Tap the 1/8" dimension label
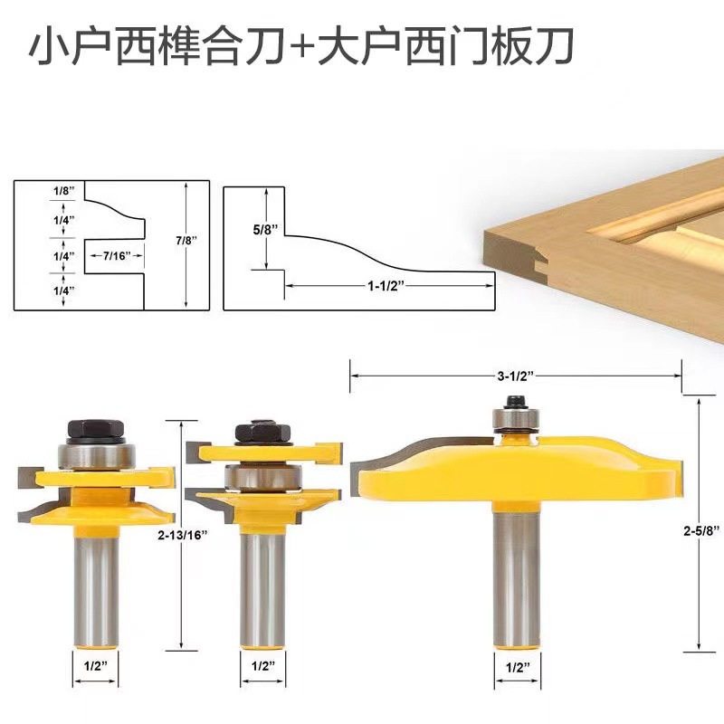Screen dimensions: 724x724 (x=63, y=191)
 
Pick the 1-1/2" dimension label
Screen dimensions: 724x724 (x=386, y=285)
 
